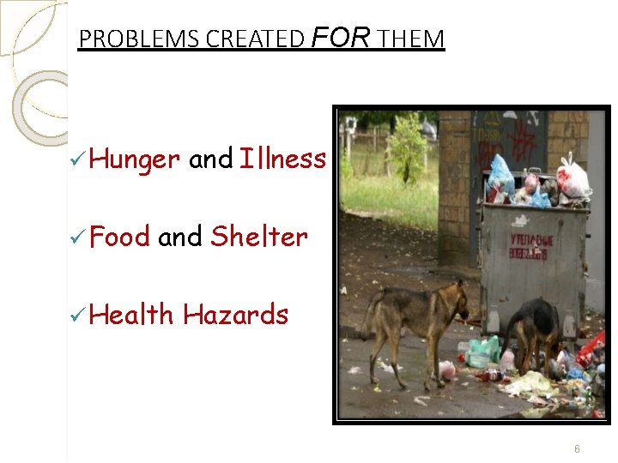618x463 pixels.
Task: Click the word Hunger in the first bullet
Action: [134, 159]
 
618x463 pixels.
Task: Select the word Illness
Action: [282, 159]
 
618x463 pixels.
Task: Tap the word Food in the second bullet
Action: [119, 236]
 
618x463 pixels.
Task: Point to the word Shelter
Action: [258, 236]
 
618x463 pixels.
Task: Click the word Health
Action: [131, 315]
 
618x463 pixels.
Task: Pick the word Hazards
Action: [235, 315]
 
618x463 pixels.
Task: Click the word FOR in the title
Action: [341, 38]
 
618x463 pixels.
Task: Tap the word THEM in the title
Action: [411, 39]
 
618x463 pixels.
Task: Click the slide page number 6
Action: [577, 448]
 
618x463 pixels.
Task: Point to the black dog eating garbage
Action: [532, 330]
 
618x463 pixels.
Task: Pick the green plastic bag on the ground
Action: [483, 351]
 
